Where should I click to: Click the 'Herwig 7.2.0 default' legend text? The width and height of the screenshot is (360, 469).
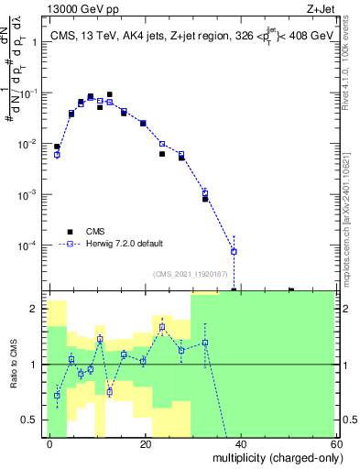click(x=125, y=243)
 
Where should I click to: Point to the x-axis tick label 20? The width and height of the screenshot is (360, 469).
click(x=145, y=443)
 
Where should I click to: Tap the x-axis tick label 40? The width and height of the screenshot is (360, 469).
click(x=240, y=443)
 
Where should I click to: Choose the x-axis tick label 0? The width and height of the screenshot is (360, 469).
click(x=50, y=443)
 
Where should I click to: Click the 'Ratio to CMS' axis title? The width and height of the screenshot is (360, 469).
click(x=16, y=365)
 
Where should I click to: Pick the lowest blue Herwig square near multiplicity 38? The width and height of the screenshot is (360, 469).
click(x=234, y=251)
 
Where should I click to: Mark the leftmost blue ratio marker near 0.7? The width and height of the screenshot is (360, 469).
click(x=57, y=396)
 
